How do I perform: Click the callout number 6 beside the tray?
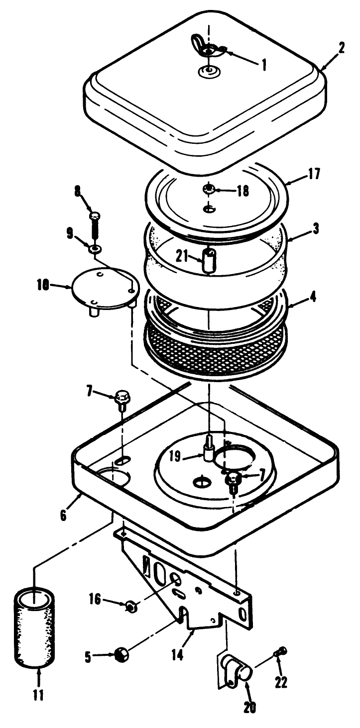[64, 515]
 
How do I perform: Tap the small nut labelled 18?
[209, 189]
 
